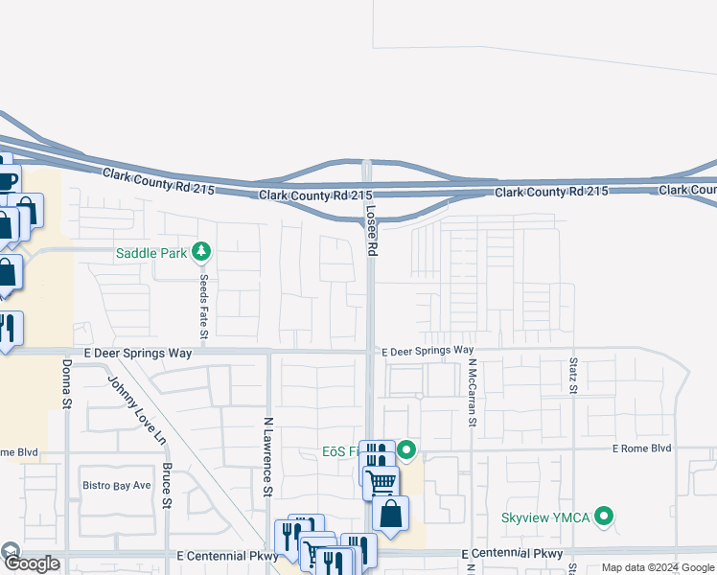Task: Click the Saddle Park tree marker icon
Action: point(200,253)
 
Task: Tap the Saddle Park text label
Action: point(151,254)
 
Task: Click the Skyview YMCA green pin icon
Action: point(604,517)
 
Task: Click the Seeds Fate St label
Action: point(203,306)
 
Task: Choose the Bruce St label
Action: point(167,486)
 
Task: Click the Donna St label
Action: point(67,383)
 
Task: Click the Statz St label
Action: point(572,376)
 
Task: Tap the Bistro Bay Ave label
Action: point(116,485)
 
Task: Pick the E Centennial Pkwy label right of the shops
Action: point(512,555)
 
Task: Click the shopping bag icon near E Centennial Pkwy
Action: point(391,515)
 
